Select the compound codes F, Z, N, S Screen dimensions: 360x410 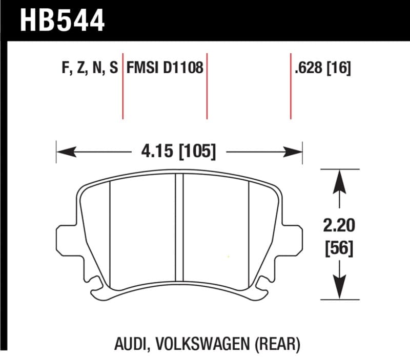90,68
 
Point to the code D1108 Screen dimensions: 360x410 183,68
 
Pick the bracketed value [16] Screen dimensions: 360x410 339,68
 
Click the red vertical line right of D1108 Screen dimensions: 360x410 207,85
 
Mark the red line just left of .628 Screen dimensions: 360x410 291,85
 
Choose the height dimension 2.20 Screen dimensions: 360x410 338,226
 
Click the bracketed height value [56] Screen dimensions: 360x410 338,249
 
